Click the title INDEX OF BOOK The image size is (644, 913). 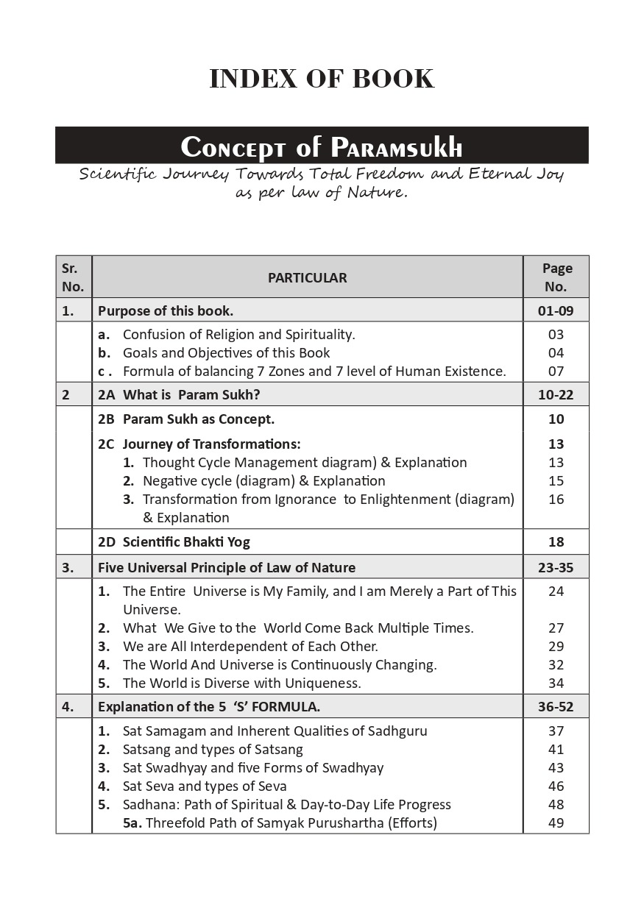(322, 79)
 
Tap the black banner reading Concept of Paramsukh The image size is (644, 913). (322, 146)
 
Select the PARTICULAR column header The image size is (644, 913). (307, 277)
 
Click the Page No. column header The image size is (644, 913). (556, 277)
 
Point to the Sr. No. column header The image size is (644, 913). (73, 277)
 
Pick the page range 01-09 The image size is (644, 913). (556, 311)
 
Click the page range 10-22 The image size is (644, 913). (556, 395)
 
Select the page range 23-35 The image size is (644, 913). (556, 568)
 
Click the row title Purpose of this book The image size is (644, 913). (166, 311)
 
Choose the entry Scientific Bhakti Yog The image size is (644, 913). (186, 542)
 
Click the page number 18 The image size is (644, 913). (556, 542)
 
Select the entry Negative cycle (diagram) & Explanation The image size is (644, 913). (263, 481)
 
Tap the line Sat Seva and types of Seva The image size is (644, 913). (205, 786)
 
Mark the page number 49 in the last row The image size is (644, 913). (556, 823)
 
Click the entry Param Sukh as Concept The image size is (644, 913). (198, 419)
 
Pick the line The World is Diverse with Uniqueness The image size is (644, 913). (241, 683)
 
